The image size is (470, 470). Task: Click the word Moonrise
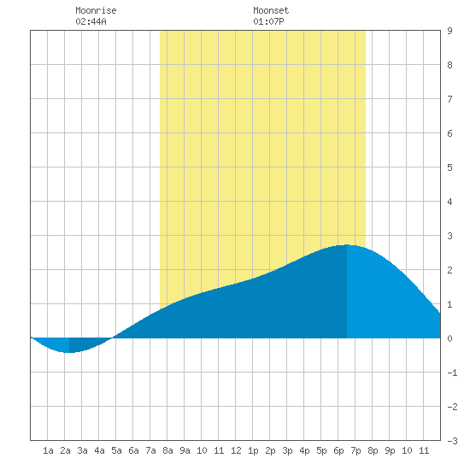click(96, 10)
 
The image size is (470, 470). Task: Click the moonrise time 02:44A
click(91, 21)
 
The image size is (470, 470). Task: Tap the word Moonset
click(271, 10)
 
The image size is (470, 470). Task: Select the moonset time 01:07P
click(268, 21)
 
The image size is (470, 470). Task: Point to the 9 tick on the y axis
click(449, 31)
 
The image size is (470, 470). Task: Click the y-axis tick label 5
click(449, 167)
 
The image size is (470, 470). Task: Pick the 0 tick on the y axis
click(449, 338)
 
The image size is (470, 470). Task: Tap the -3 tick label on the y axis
click(452, 441)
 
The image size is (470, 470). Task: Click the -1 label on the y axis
click(452, 373)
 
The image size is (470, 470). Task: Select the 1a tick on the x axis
click(48, 450)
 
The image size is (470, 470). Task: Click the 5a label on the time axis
click(116, 450)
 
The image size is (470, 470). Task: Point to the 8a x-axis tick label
click(167, 450)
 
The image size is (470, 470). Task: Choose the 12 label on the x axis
click(236, 450)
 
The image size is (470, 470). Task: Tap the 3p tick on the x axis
click(287, 450)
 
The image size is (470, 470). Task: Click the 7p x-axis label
click(355, 450)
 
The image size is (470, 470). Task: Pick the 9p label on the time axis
click(390, 450)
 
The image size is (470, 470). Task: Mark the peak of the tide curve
click(347, 245)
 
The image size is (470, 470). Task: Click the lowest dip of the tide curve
click(69, 352)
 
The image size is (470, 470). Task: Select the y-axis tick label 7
click(449, 99)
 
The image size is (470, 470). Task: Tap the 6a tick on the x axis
click(133, 450)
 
